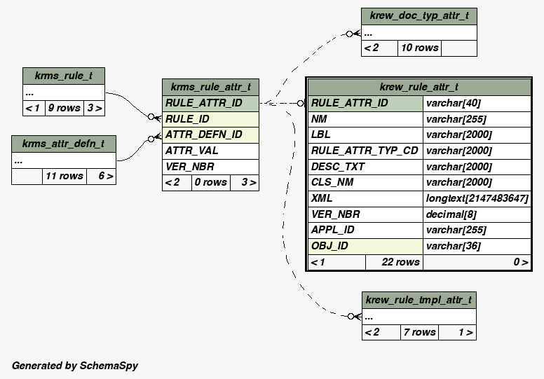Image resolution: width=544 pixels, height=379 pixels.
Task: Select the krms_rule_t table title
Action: click(x=64, y=76)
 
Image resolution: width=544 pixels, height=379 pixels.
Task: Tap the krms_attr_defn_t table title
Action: click(x=64, y=144)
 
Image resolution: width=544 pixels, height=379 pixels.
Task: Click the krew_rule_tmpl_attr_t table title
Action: click(x=419, y=300)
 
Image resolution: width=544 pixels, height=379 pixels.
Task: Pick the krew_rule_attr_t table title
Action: click(x=419, y=87)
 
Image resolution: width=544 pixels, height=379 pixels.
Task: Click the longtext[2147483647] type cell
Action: click(x=477, y=198)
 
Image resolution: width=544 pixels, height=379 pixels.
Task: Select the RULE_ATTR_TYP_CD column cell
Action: click(x=365, y=151)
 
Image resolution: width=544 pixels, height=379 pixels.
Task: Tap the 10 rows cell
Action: click(x=419, y=48)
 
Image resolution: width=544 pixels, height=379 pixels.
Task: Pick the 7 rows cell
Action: click(x=420, y=332)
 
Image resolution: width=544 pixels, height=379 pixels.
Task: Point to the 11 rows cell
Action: click(x=64, y=176)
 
